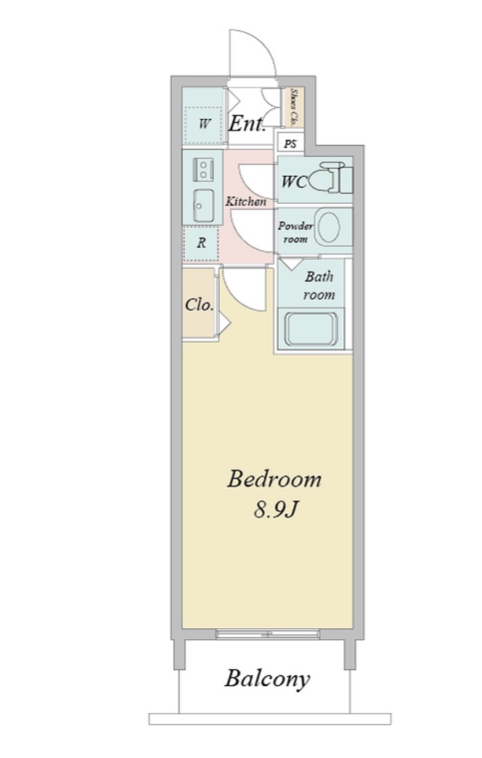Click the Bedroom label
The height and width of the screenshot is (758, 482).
pyautogui.click(x=274, y=479)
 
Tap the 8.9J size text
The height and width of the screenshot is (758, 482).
pyautogui.click(x=274, y=509)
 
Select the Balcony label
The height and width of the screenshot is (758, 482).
pyautogui.click(x=267, y=679)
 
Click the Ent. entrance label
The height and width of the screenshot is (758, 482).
pyautogui.click(x=247, y=124)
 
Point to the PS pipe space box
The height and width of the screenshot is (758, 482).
pyautogui.click(x=290, y=144)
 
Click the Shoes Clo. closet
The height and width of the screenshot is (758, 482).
pyautogui.click(x=293, y=107)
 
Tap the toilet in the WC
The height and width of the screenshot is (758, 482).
pyautogui.click(x=330, y=179)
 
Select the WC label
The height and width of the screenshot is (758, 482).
pyautogui.click(x=294, y=182)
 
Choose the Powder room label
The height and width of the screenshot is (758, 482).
pyautogui.click(x=295, y=232)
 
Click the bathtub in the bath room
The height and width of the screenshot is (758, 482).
pyautogui.click(x=311, y=330)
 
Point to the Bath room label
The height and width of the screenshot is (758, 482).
pyautogui.click(x=319, y=285)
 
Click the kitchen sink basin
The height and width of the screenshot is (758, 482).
pyautogui.click(x=204, y=205)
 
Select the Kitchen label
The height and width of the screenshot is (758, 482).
pyautogui.click(x=245, y=201)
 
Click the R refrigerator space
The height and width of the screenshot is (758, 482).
pyautogui.click(x=200, y=243)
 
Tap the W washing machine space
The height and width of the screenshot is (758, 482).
pyautogui.click(x=203, y=123)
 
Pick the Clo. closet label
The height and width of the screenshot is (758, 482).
pyautogui.click(x=199, y=305)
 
